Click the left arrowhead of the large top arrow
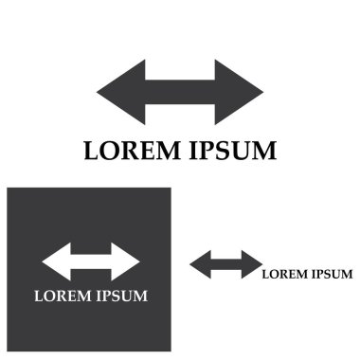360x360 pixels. click(121, 93)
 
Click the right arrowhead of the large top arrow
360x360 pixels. click(239, 93)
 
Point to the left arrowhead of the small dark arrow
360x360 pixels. click(201, 265)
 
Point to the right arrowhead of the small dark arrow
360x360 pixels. click(249, 265)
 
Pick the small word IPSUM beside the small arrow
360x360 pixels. click(331, 275)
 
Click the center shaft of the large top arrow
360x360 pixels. click(180, 93)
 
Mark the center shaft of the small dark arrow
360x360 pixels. click(225, 265)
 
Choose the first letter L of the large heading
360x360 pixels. click(91, 151)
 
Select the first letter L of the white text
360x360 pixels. click(39, 296)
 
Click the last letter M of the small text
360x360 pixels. click(347, 275)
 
